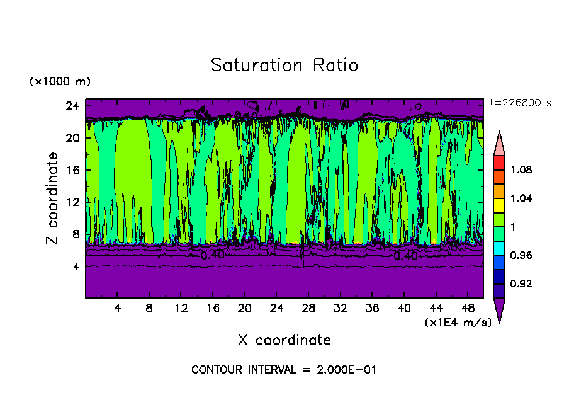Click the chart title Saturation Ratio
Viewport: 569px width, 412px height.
(284, 66)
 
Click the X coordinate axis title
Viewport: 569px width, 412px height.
(284, 340)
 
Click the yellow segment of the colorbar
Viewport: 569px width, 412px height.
(499, 205)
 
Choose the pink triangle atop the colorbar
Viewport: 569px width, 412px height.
(499, 144)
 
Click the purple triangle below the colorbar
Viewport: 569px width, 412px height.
(499, 310)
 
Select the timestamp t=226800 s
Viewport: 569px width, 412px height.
(521, 103)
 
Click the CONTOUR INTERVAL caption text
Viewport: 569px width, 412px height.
(284, 370)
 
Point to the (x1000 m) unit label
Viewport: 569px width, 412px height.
(60, 82)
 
